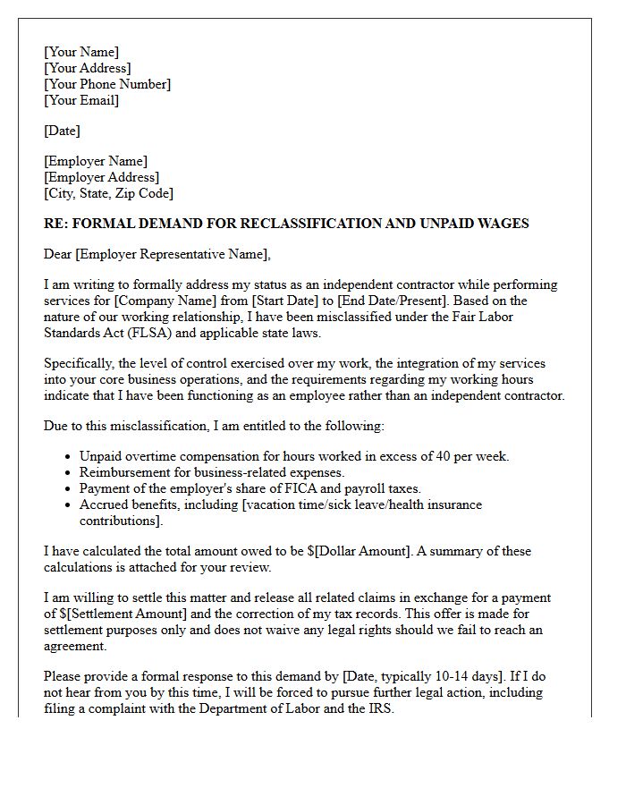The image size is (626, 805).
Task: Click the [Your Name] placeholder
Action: click(x=81, y=52)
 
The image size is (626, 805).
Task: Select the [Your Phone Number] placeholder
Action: click(x=107, y=84)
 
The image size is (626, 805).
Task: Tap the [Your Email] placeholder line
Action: click(x=81, y=100)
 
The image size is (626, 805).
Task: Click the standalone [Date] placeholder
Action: click(x=62, y=131)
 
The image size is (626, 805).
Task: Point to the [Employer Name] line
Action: click(x=96, y=161)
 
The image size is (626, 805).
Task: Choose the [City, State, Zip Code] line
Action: click(x=108, y=193)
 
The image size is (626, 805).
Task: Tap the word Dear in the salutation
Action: click(x=58, y=254)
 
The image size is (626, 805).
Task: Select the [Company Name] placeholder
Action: click(x=158, y=301)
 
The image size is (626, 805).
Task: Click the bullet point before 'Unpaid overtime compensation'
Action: click(x=68, y=456)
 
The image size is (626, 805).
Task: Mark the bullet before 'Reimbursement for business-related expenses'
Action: click(x=68, y=472)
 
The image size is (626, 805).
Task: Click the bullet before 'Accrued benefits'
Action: click(x=68, y=504)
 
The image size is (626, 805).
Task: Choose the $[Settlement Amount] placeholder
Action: click(x=123, y=614)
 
